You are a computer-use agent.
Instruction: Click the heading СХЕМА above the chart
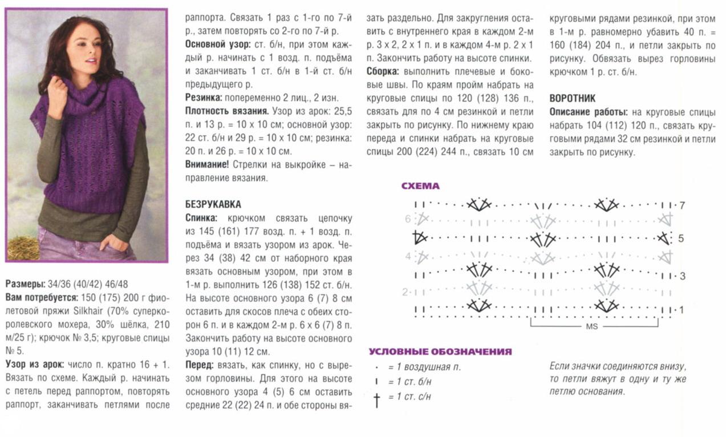tap(420, 186)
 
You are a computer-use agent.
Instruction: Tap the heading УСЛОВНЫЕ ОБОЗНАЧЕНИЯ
tap(440, 352)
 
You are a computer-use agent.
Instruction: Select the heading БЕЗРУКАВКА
tap(213, 204)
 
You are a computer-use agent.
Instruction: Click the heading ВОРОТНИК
tap(573, 98)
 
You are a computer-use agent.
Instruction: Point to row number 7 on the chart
tap(682, 205)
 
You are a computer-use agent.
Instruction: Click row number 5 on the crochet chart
tap(680, 238)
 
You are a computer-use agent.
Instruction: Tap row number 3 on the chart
tap(682, 276)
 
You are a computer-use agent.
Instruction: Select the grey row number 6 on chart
tap(408, 218)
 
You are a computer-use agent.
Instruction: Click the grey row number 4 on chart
tap(408, 256)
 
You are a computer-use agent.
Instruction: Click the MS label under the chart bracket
tap(591, 327)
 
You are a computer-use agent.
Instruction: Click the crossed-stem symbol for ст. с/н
tap(376, 399)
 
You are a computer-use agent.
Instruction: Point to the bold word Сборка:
tap(383, 72)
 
